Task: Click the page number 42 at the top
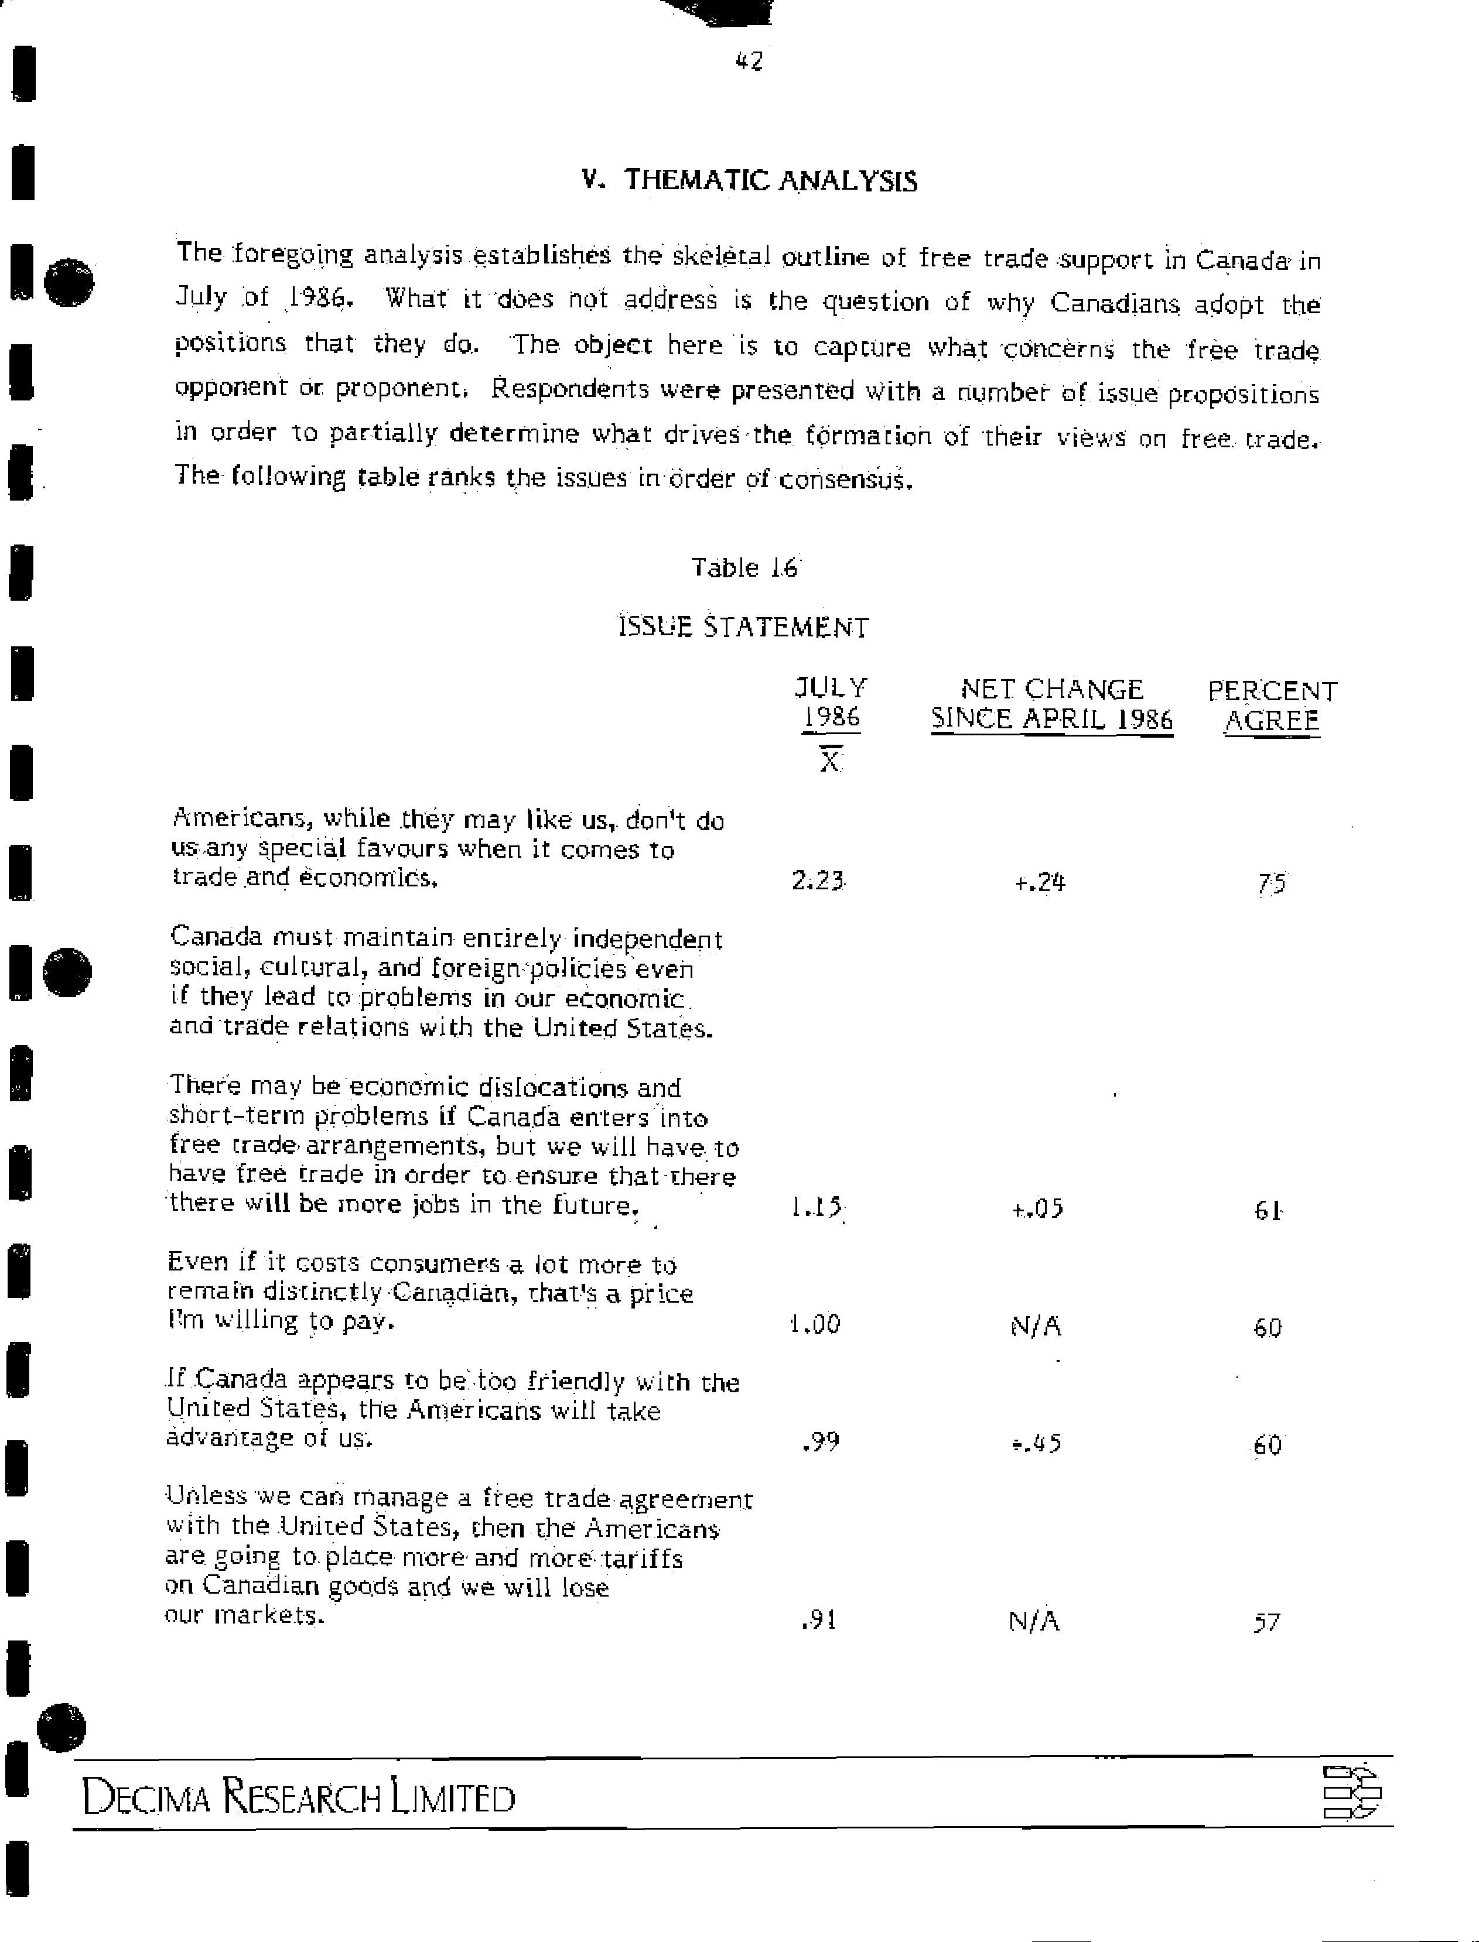[749, 61]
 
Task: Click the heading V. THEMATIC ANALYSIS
[749, 180]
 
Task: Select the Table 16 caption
[744, 567]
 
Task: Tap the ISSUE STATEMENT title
[744, 628]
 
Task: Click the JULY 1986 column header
[830, 702]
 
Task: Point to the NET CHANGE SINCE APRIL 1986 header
[1052, 704]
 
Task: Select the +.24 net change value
[1040, 882]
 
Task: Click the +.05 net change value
[1038, 1208]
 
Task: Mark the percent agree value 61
[1268, 1211]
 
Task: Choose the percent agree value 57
[1266, 1622]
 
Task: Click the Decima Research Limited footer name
[299, 1798]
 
